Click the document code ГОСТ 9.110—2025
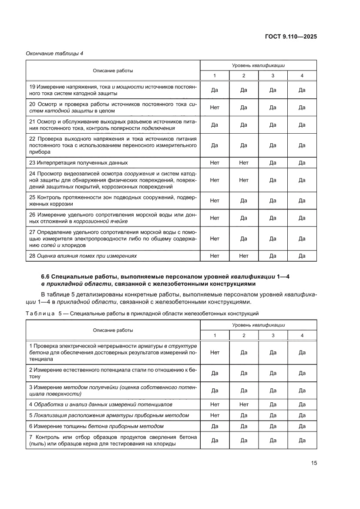[290, 37]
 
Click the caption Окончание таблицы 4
[54, 54]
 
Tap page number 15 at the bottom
[313, 463]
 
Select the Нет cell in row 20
[214, 107]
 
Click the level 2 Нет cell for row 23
[243, 162]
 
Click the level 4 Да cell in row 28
[302, 256]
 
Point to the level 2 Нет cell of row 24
[243, 180]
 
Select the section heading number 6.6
[46, 276]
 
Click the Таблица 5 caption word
[41, 313]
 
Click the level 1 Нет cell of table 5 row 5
[214, 415]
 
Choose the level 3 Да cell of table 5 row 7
[273, 440]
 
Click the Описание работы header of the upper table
[113, 71]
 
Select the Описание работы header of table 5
[113, 330]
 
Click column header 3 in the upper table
[273, 76]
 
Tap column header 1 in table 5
[214, 335]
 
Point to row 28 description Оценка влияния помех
[83, 256]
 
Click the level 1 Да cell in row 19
[214, 90]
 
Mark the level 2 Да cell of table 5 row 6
[243, 426]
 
